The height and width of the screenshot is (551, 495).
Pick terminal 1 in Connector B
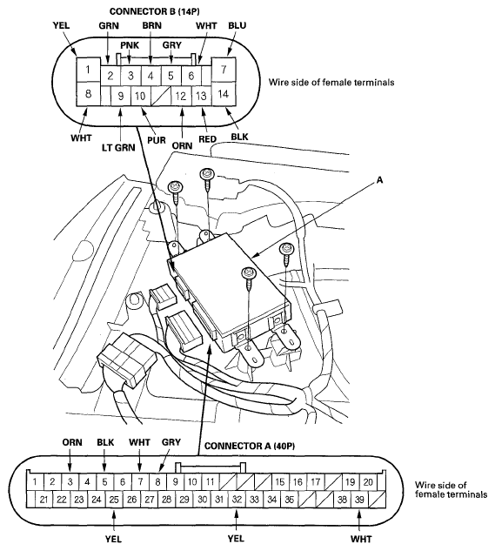pos(88,68)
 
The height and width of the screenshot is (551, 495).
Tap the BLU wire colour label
pos(237,26)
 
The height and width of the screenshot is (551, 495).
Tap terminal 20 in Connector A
pos(369,481)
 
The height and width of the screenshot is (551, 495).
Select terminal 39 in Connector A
pos(359,500)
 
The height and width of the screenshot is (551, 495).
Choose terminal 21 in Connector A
pos(43,500)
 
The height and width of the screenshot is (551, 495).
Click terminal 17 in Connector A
pos(317,481)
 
